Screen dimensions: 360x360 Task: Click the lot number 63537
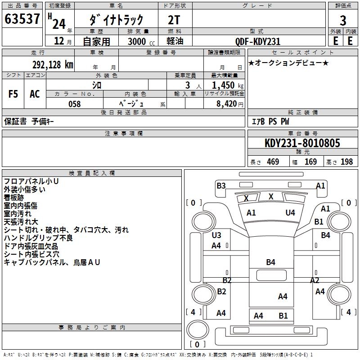pyautogui.click(x=22, y=19)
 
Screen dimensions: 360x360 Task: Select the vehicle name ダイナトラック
pyautogui.click(x=116, y=19)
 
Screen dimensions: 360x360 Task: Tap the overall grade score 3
pyautogui.click(x=343, y=20)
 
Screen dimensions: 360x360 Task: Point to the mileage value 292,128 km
pyautogui.click(x=52, y=64)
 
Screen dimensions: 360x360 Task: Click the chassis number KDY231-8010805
pyautogui.click(x=302, y=144)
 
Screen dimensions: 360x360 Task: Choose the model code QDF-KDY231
pyautogui.click(x=258, y=41)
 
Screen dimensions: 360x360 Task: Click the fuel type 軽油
pyautogui.click(x=175, y=41)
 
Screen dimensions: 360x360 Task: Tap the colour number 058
pyautogui.click(x=75, y=104)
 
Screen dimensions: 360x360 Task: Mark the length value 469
pyautogui.click(x=272, y=162)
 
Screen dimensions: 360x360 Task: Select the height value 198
pyautogui.click(x=346, y=162)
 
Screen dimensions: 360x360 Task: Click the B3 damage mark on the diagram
pyautogui.click(x=221, y=185)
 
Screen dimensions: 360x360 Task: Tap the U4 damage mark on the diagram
pyautogui.click(x=290, y=212)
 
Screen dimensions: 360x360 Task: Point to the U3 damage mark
pyautogui.click(x=216, y=235)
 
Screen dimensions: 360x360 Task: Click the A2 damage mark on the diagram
pyautogui.click(x=315, y=280)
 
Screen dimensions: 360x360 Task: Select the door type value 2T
pyautogui.click(x=175, y=19)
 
